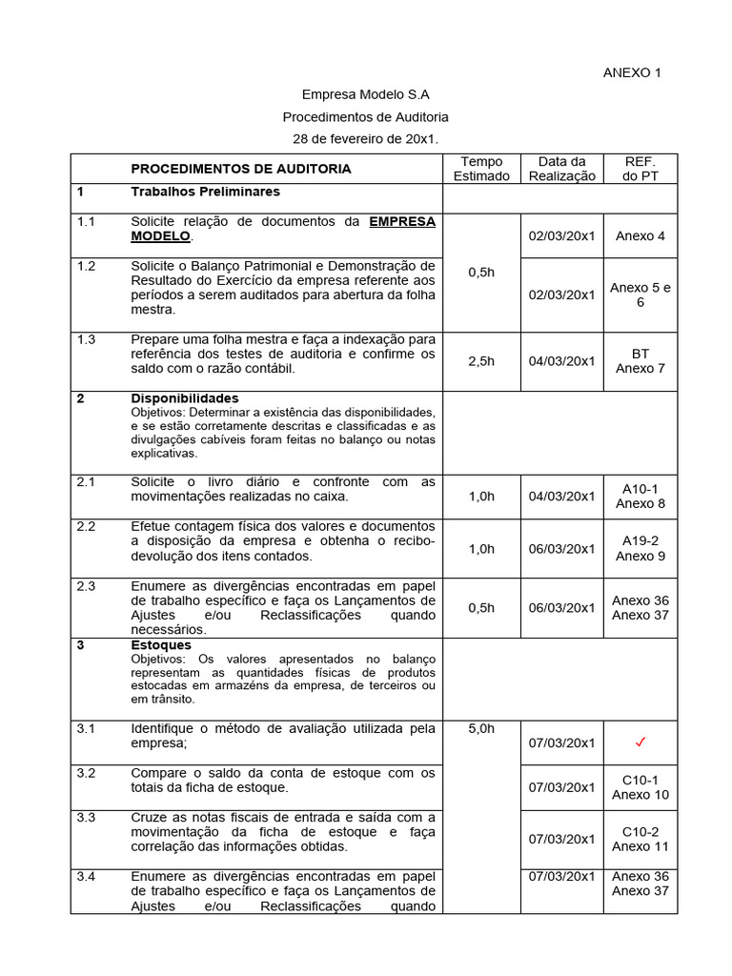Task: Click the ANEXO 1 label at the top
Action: pos(632,72)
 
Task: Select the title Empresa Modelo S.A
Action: pos(365,94)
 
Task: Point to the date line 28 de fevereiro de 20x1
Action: pos(365,139)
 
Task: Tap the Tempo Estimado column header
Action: pos(481,169)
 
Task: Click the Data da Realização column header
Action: pos(561,169)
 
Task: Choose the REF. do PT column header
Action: pos(640,169)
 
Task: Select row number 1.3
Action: pos(87,339)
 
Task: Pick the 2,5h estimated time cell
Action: pos(481,361)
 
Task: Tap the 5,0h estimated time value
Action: pos(481,728)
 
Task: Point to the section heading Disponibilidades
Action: pos(185,397)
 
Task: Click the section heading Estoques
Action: pos(160,645)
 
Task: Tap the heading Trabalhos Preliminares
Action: pos(205,192)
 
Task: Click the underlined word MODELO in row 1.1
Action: pos(160,235)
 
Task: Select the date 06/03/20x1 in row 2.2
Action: pos(561,549)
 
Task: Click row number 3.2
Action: pos(87,773)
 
